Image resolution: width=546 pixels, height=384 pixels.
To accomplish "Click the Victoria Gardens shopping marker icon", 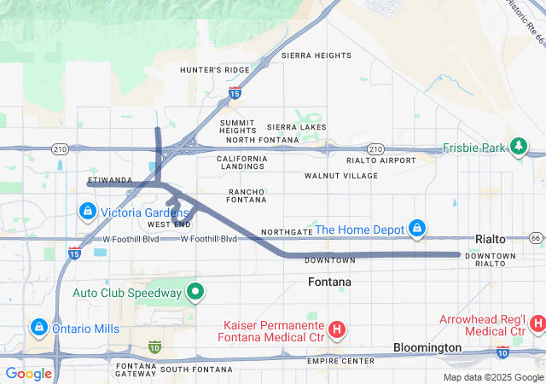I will [x=87, y=211].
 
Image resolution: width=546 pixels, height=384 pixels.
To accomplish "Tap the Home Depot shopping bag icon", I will [x=416, y=229].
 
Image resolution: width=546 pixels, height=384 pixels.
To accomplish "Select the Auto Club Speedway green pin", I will [x=195, y=293].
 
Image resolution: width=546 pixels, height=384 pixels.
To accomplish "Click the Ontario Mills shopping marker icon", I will [x=39, y=327].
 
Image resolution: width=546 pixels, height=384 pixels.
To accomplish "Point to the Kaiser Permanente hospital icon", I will [x=337, y=328].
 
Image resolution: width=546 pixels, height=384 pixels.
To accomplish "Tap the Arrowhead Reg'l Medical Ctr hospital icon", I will [x=537, y=323].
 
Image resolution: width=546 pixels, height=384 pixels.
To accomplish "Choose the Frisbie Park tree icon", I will [x=518, y=147].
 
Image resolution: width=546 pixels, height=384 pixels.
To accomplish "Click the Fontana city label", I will [x=329, y=282].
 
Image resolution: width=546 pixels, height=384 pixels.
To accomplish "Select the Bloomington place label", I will [x=427, y=348].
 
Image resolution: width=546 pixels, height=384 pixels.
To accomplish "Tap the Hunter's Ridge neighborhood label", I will [x=214, y=70].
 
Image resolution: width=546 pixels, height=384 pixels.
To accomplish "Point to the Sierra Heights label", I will [x=317, y=55].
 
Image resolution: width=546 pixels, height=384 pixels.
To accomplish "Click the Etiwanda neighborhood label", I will [x=109, y=180].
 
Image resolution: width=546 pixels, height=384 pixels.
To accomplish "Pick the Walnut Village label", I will [x=340, y=176].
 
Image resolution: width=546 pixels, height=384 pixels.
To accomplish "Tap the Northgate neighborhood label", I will [x=287, y=232].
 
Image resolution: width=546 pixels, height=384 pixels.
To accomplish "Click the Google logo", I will [x=29, y=373].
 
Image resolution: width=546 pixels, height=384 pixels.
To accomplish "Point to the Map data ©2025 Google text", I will [x=493, y=377].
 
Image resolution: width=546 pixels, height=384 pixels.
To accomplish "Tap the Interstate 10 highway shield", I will [x=154, y=346].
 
